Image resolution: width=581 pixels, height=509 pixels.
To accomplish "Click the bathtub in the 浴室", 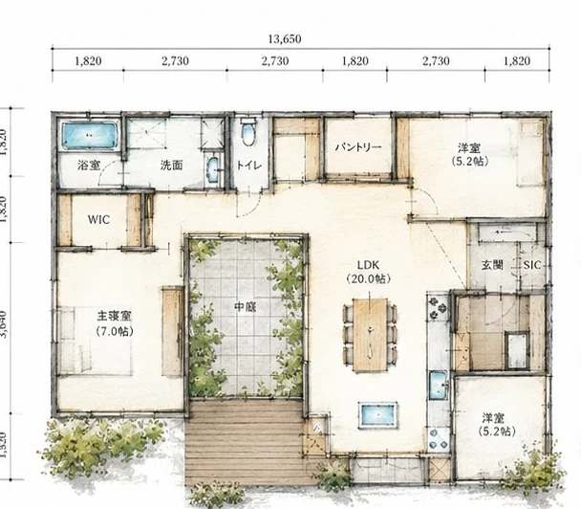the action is [90, 136].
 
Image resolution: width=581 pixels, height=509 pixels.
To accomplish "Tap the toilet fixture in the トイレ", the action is [247, 132].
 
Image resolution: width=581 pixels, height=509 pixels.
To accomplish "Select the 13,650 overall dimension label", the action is [285, 39].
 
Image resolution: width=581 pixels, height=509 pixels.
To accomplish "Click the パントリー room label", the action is [358, 147].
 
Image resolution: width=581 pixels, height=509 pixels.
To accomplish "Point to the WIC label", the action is [98, 220].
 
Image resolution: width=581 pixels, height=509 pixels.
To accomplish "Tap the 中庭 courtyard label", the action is [246, 307].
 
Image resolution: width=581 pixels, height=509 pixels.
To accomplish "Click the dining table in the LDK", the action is [370, 335].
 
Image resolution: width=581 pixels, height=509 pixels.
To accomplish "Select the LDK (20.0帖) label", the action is [368, 272].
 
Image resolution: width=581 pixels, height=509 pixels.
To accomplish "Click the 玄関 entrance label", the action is [492, 265].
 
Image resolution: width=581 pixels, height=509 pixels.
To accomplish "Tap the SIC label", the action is [532, 265].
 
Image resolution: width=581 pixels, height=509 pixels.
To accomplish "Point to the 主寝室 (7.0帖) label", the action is [115, 323].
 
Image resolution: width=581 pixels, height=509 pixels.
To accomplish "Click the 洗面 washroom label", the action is [172, 166].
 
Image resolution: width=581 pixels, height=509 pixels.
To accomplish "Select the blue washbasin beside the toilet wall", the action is [213, 169].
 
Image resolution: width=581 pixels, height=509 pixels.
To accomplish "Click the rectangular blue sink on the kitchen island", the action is [378, 415].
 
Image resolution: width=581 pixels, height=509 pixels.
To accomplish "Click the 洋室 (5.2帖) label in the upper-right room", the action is [470, 155].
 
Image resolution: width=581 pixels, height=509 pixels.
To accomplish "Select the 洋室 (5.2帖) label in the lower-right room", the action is [497, 425].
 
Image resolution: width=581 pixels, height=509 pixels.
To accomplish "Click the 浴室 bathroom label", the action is [89, 166].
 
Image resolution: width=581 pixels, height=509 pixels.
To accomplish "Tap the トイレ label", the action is [249, 166].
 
